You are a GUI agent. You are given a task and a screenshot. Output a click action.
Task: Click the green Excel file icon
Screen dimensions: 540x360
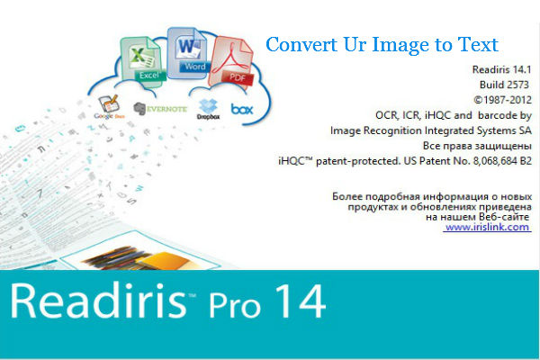pyautogui.click(x=142, y=59)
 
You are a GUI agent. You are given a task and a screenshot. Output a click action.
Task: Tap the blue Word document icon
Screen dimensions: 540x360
pyautogui.click(x=189, y=53)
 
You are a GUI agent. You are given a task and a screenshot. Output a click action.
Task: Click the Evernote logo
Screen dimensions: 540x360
pyautogui.click(x=160, y=109)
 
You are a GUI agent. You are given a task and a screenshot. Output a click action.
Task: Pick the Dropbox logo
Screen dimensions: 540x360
pyautogui.click(x=208, y=109)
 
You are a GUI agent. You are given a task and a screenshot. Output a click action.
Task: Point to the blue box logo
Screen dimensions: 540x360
pyautogui.click(x=242, y=109)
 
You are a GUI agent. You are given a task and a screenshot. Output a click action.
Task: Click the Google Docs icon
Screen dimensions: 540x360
pyautogui.click(x=109, y=107)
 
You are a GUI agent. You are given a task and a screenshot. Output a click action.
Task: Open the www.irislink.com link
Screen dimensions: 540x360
pyautogui.click(x=487, y=227)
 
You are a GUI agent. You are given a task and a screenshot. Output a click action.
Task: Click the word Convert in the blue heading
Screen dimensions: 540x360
pyautogui.click(x=301, y=44)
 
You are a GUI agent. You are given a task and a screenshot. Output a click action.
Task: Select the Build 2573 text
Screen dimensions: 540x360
pyautogui.click(x=504, y=85)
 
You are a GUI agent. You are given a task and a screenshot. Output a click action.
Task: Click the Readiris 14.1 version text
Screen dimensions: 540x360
pyautogui.click(x=501, y=69)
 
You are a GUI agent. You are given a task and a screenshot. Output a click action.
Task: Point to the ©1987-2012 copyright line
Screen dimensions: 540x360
pyautogui.click(x=502, y=100)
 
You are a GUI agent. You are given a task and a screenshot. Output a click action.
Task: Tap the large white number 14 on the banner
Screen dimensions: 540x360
pyautogui.click(x=301, y=301)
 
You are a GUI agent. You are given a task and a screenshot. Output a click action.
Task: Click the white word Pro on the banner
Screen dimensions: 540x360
pyautogui.click(x=235, y=304)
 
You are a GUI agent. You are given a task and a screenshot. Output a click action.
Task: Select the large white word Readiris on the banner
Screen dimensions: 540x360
pyautogui.click(x=98, y=301)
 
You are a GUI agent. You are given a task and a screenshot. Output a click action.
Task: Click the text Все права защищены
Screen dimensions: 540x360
pyautogui.click(x=477, y=146)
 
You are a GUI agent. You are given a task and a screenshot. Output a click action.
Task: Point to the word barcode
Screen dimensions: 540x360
pyautogui.click(x=498, y=115)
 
